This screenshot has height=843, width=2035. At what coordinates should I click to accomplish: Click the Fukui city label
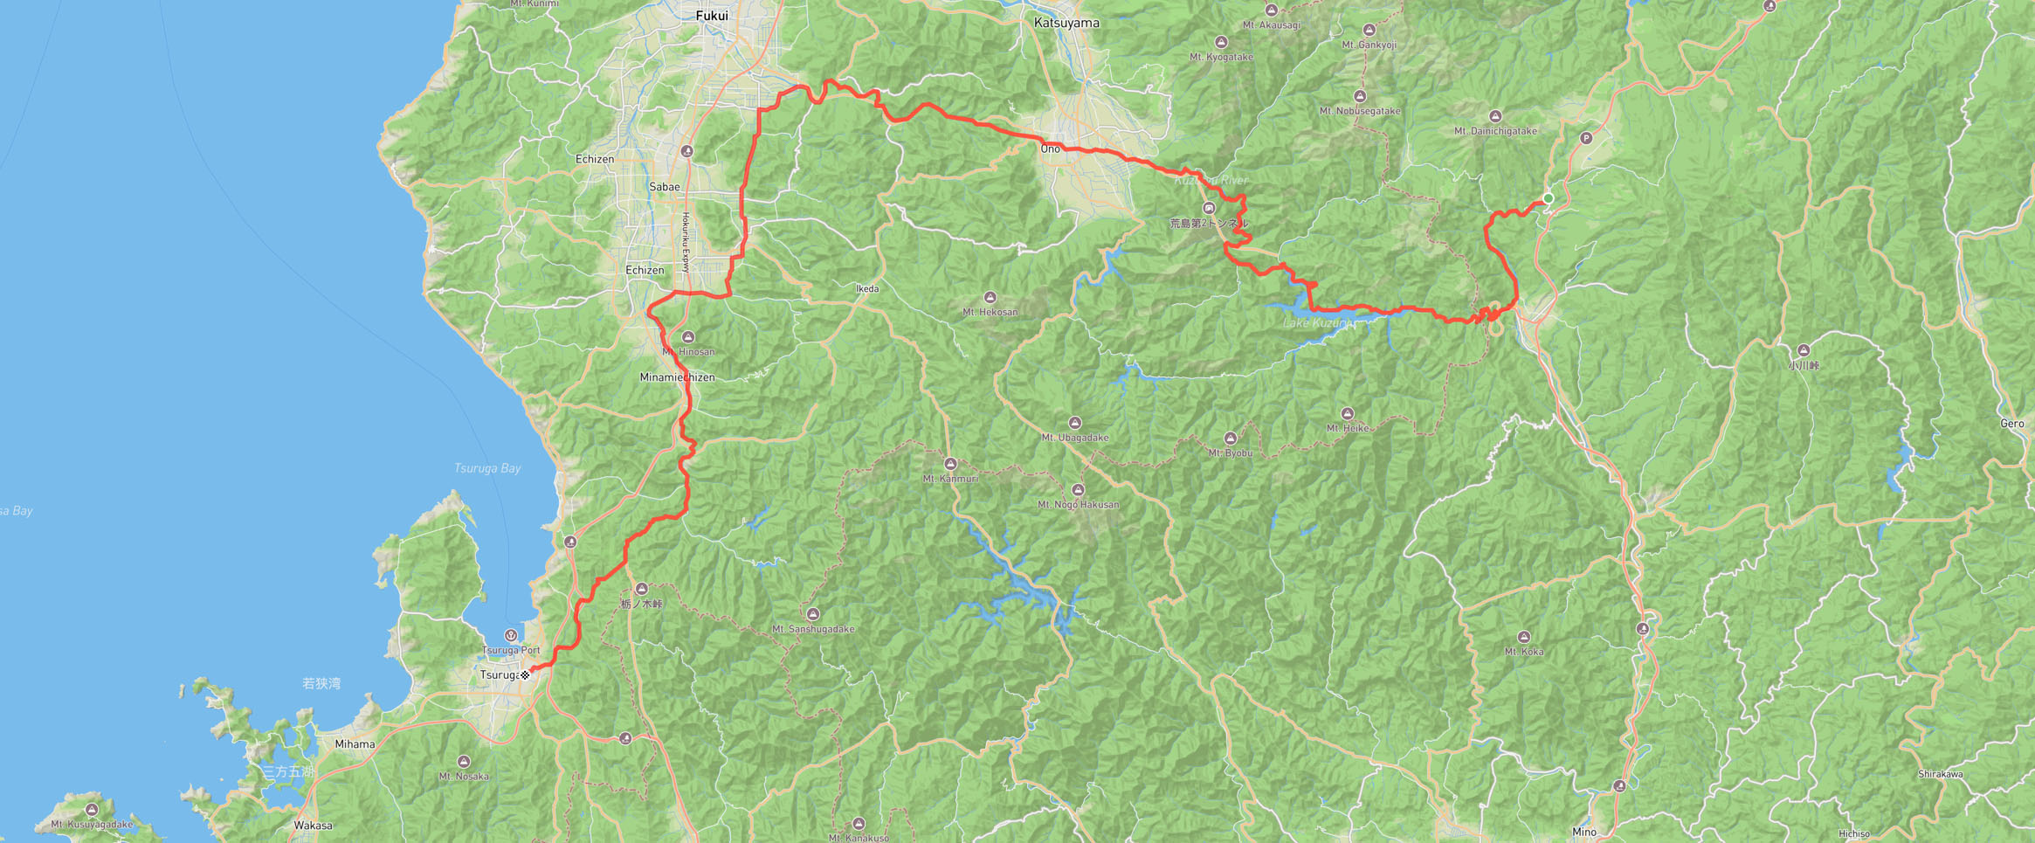pyautogui.click(x=711, y=16)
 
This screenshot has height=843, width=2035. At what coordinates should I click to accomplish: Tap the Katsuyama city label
pyautogui.click(x=1066, y=23)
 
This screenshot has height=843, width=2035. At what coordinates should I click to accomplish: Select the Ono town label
pyautogui.click(x=1050, y=149)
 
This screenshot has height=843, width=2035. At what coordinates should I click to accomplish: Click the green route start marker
pyautogui.click(x=1549, y=198)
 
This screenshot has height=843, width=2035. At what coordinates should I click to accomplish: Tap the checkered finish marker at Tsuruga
pyautogui.click(x=525, y=674)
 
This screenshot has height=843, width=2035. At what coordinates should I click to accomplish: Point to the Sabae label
pyautogui.click(x=664, y=187)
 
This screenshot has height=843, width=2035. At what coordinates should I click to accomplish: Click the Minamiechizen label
pyautogui.click(x=677, y=377)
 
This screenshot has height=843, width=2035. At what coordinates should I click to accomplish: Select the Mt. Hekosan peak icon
pyautogui.click(x=990, y=298)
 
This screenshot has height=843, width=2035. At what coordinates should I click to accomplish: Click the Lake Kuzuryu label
pyautogui.click(x=1317, y=323)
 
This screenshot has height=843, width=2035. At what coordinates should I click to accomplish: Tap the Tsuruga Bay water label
pyautogui.click(x=487, y=468)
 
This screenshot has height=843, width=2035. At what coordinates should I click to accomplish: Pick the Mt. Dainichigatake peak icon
pyautogui.click(x=1495, y=116)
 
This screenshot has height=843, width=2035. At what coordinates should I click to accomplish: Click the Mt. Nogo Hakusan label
pyautogui.click(x=1078, y=505)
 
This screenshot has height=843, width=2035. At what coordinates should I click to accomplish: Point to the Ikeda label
pyautogui.click(x=866, y=288)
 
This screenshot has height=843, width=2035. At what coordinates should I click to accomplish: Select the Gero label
pyautogui.click(x=2011, y=424)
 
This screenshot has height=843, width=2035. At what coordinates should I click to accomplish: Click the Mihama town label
pyautogui.click(x=355, y=744)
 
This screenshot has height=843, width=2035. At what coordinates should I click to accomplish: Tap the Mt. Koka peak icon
pyautogui.click(x=1524, y=637)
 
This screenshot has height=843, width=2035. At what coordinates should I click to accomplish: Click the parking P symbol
pyautogui.click(x=1586, y=138)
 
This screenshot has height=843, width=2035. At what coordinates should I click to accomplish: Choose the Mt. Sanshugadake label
pyautogui.click(x=813, y=629)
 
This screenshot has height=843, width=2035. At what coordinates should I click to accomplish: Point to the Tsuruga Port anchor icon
pyautogui.click(x=511, y=635)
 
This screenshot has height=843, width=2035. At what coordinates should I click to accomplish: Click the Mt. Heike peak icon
pyautogui.click(x=1347, y=414)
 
